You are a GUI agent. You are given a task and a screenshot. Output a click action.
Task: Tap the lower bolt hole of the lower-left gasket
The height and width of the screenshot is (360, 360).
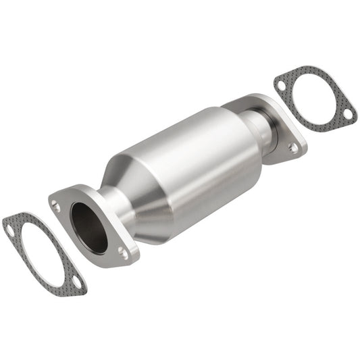[x=78, y=282]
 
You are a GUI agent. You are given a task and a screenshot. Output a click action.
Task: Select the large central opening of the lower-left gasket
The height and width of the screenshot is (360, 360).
[x=43, y=255]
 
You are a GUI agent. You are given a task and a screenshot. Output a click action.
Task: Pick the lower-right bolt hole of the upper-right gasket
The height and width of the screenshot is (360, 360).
[x=346, y=115]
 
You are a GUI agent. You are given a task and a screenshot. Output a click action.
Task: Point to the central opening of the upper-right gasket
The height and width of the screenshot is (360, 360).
[x=315, y=100]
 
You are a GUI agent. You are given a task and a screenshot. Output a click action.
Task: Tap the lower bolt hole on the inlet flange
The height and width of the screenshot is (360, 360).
[x=123, y=253]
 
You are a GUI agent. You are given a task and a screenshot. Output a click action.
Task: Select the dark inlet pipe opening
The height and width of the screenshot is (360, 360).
[x=88, y=228]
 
